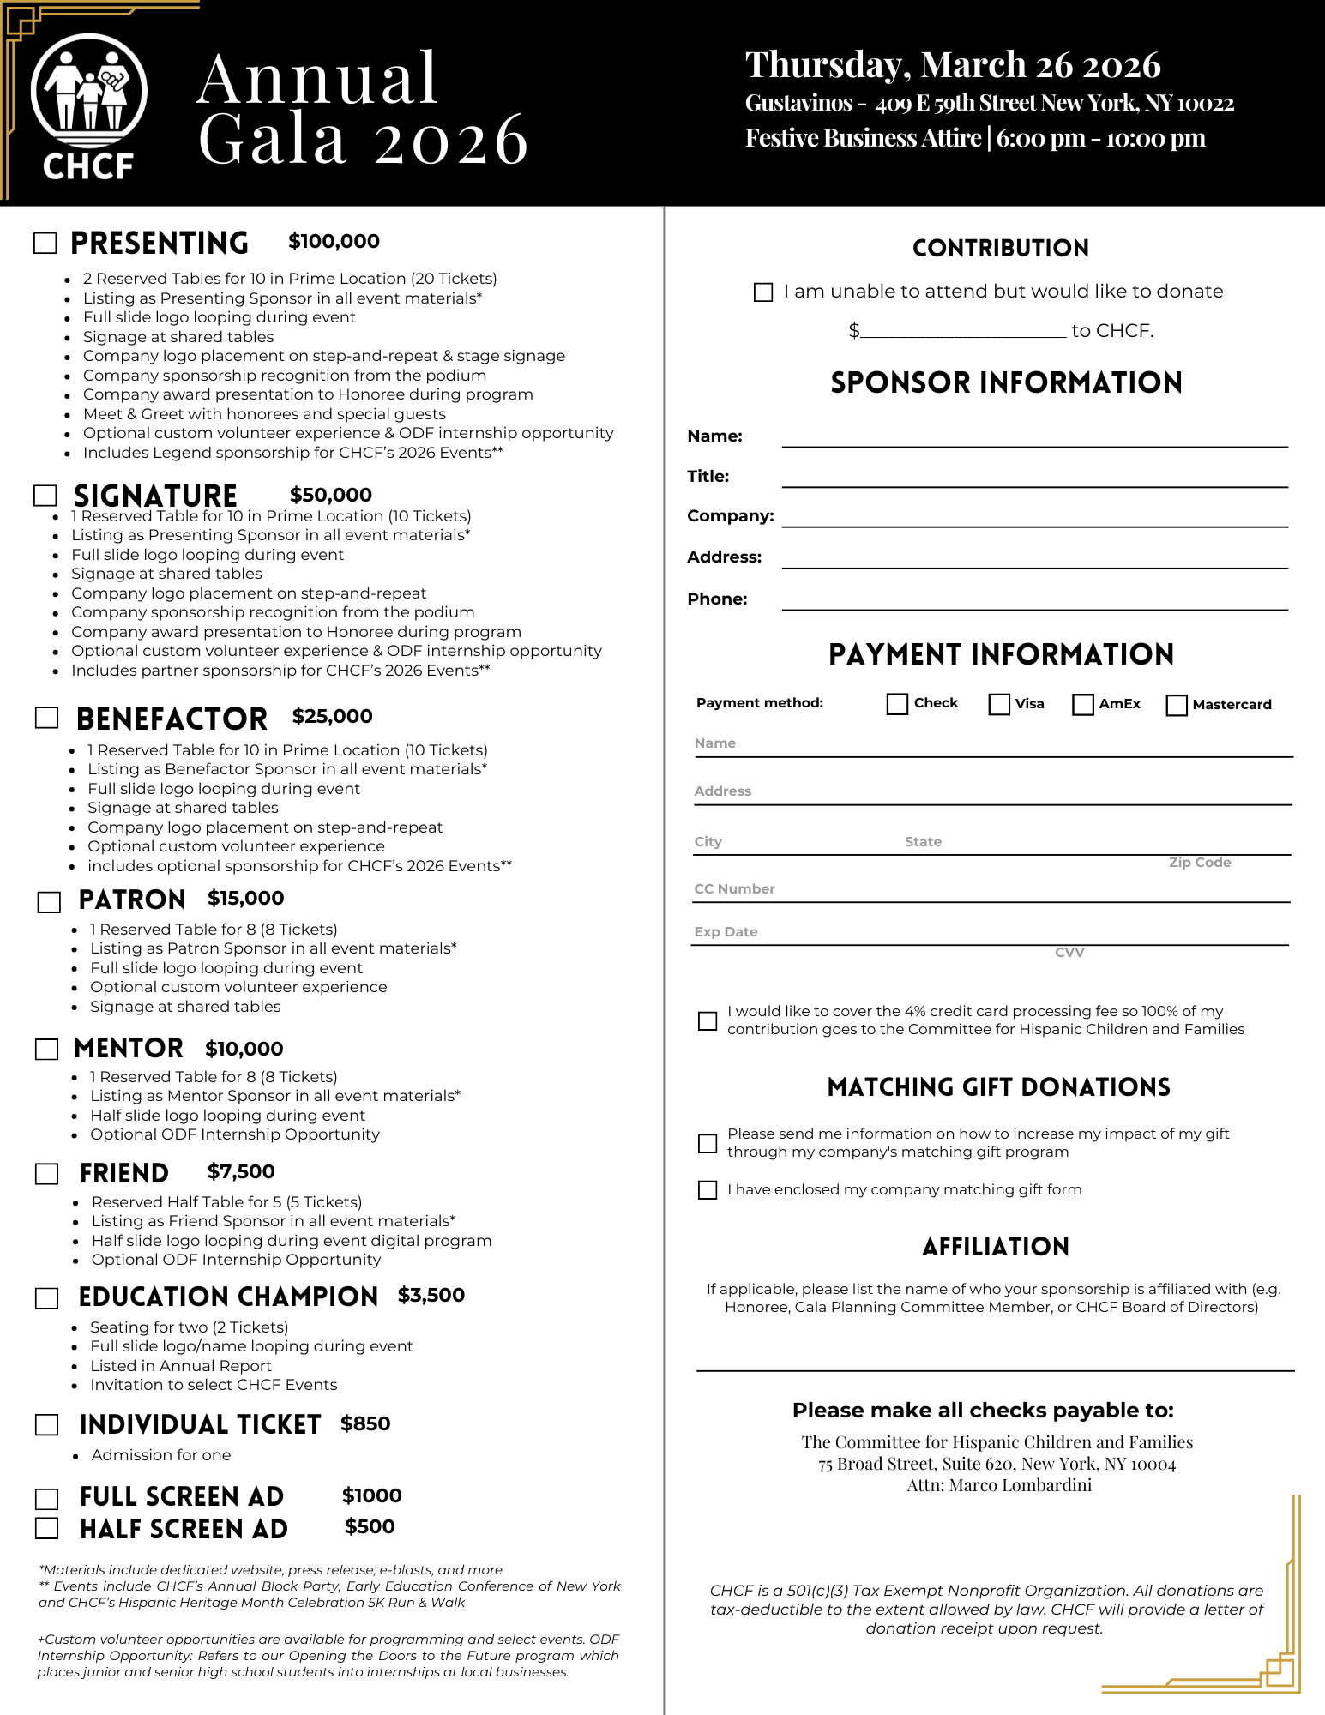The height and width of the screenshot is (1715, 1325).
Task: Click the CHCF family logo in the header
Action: pyautogui.click(x=88, y=105)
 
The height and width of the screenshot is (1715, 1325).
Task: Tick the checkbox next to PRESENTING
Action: pyautogui.click(x=45, y=243)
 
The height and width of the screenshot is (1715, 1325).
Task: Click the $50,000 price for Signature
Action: pyautogui.click(x=331, y=495)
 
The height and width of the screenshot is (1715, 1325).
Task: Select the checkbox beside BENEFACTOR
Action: pyautogui.click(x=47, y=718)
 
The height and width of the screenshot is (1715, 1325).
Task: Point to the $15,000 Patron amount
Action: pyautogui.click(x=245, y=898)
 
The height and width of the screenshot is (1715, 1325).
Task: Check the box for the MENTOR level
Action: pyautogui.click(x=47, y=1049)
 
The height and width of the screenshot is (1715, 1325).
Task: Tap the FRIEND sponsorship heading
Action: pyautogui.click(x=124, y=1173)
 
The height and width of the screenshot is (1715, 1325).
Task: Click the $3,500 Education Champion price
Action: pyautogui.click(x=431, y=1295)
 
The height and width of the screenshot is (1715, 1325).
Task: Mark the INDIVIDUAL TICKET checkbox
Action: pyautogui.click(x=47, y=1424)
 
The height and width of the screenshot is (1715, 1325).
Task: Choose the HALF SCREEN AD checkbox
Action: pyautogui.click(x=47, y=1528)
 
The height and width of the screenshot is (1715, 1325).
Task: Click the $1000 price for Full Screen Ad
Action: pyautogui.click(x=372, y=1495)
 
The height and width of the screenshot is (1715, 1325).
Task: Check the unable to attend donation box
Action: pyautogui.click(x=763, y=292)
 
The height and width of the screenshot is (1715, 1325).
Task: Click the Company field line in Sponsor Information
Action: pyautogui.click(x=1034, y=518)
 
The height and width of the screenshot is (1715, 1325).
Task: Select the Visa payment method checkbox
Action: pyautogui.click(x=999, y=704)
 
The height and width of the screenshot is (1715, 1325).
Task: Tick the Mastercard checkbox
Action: pyautogui.click(x=1177, y=705)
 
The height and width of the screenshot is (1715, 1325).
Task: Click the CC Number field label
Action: pyautogui.click(x=734, y=889)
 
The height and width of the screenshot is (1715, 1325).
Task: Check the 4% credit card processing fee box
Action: pyautogui.click(x=708, y=1020)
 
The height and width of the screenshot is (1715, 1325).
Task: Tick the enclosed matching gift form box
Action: pyautogui.click(x=708, y=1190)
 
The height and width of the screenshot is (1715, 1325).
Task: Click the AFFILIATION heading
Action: pyautogui.click(x=996, y=1247)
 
